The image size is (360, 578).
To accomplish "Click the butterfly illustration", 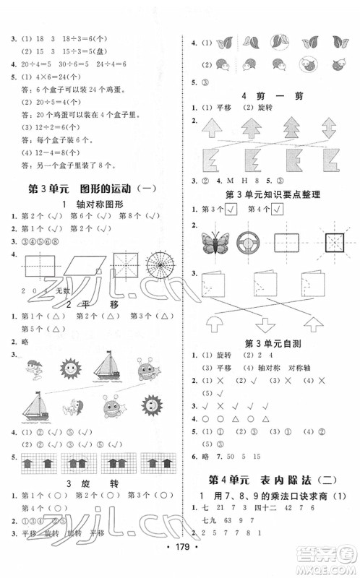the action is [215, 242].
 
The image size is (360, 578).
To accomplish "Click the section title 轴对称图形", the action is [94, 202].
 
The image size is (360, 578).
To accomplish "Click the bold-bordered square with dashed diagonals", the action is [330, 241].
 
